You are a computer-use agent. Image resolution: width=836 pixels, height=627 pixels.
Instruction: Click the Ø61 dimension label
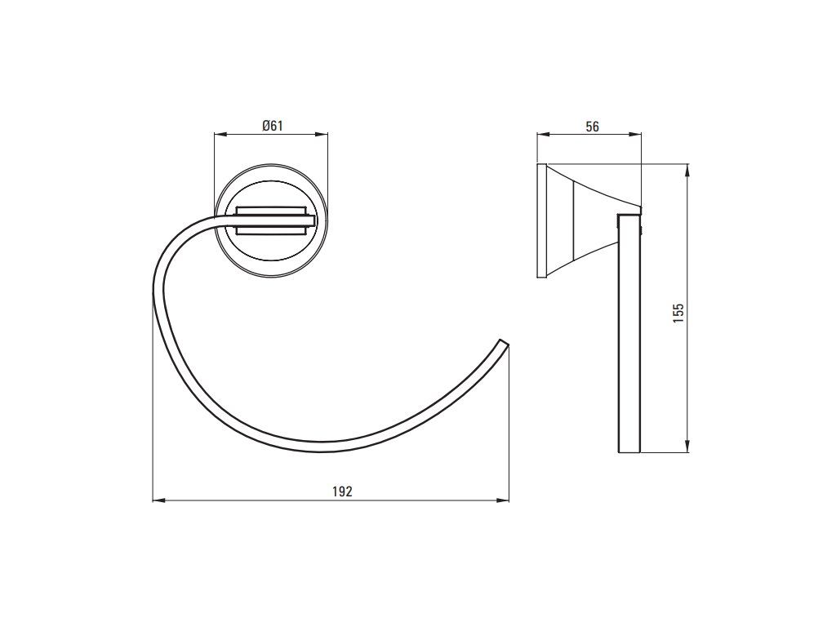coord(272,126)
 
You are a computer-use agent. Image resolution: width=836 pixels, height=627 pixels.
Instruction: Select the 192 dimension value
coord(342,491)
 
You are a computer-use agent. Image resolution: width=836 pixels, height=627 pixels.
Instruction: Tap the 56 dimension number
coord(593,127)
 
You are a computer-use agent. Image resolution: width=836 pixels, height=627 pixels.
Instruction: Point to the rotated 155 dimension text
coord(678,313)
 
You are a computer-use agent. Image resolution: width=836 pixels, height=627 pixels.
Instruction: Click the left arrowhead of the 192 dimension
coord(159,500)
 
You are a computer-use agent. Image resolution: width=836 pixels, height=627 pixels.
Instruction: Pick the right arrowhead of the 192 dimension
coord(503,500)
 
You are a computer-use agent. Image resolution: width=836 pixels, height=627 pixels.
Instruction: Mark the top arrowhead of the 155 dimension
coord(687,170)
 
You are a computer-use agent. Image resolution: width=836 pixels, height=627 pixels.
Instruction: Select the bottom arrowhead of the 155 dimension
coord(687,447)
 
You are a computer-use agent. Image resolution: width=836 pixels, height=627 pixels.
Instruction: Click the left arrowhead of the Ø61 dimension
coord(220,135)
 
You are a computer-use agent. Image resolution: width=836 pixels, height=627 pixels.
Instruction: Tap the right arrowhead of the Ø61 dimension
coord(322,135)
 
